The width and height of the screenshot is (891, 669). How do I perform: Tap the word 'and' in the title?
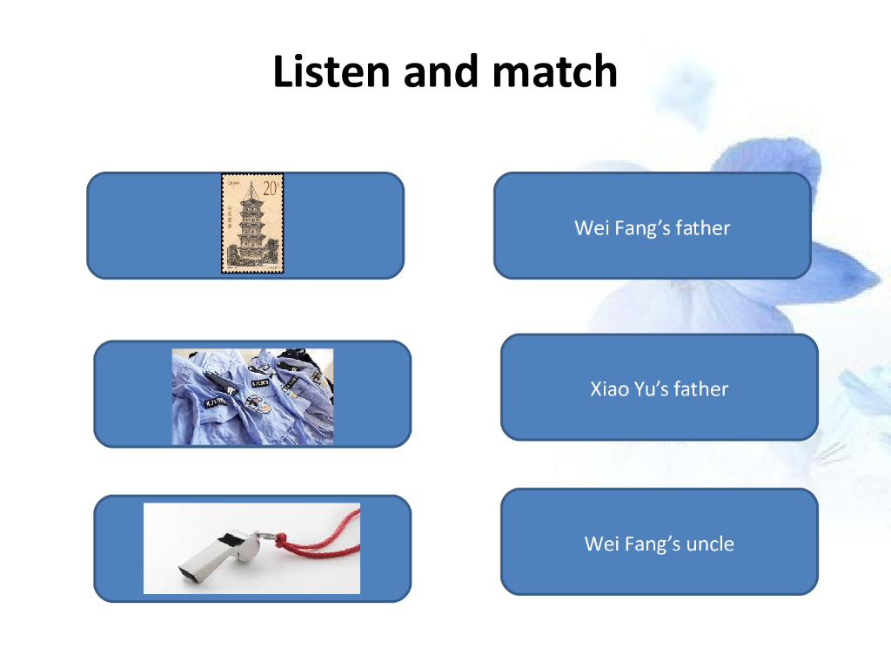442,71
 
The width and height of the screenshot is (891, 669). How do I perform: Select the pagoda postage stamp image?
252,224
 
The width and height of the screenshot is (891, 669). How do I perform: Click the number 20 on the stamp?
271,187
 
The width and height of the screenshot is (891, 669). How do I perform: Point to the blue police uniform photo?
252,396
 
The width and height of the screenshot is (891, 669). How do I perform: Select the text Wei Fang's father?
652,228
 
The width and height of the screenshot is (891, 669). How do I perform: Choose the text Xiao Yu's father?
659,389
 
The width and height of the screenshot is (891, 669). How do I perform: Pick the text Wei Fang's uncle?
659,544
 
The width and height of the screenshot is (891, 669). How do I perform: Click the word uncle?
710,544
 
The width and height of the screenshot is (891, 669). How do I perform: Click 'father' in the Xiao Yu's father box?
701,389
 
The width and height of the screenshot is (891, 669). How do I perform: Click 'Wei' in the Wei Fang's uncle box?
600,544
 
